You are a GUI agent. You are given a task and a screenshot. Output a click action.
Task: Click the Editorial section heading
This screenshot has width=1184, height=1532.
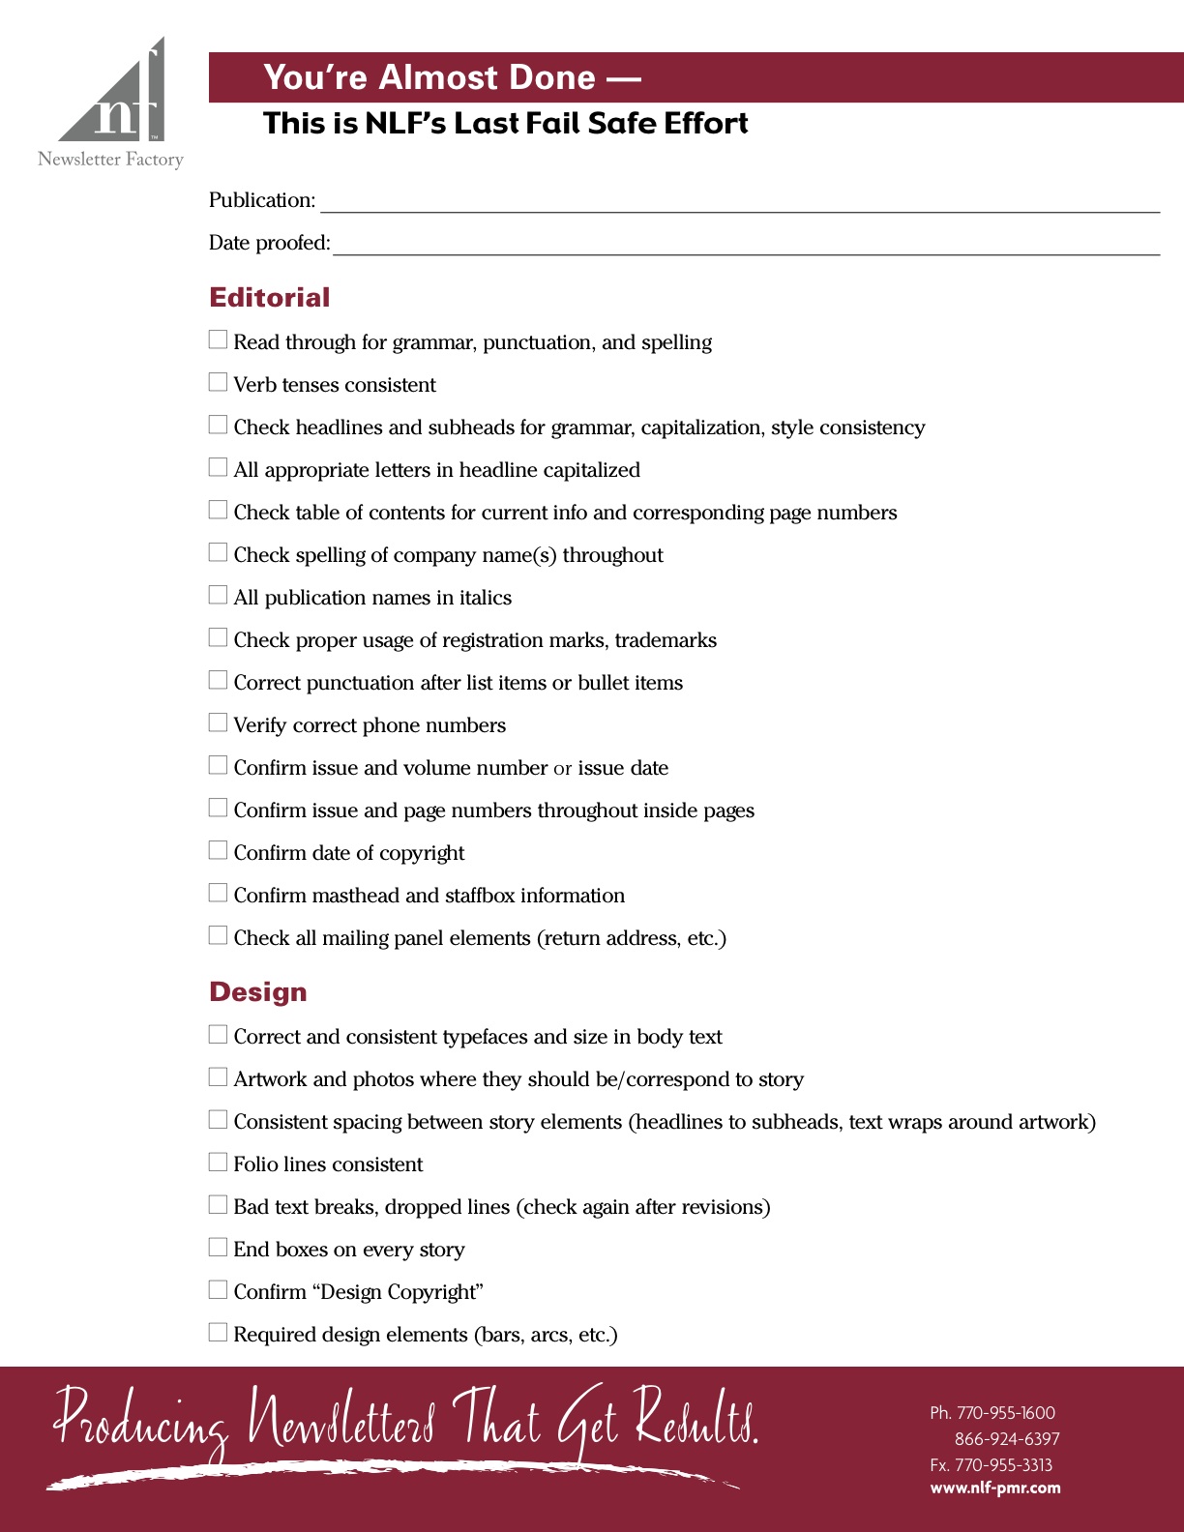click(269, 298)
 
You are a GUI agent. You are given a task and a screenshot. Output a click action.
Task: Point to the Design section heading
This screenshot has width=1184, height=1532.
click(257, 992)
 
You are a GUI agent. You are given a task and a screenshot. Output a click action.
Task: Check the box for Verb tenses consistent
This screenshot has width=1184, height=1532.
click(218, 383)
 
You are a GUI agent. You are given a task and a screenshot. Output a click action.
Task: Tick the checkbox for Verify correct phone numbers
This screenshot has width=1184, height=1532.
click(218, 723)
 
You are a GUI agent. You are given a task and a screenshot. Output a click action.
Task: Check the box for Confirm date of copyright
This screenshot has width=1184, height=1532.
click(218, 851)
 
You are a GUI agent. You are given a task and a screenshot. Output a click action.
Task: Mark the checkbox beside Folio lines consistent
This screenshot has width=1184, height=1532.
click(218, 1163)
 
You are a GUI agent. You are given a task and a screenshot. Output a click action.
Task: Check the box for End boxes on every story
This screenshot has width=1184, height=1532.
click(218, 1248)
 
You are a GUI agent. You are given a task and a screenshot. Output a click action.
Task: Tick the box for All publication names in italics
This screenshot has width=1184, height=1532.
click(218, 596)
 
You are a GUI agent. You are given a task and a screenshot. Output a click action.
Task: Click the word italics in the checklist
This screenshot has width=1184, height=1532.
click(485, 598)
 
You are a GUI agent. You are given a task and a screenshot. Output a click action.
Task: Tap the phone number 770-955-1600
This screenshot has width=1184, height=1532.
click(1005, 1413)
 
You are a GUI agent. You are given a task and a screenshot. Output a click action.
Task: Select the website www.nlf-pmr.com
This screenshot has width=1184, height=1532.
click(994, 1488)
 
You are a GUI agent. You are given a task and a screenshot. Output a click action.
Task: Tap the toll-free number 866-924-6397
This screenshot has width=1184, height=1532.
click(1007, 1439)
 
